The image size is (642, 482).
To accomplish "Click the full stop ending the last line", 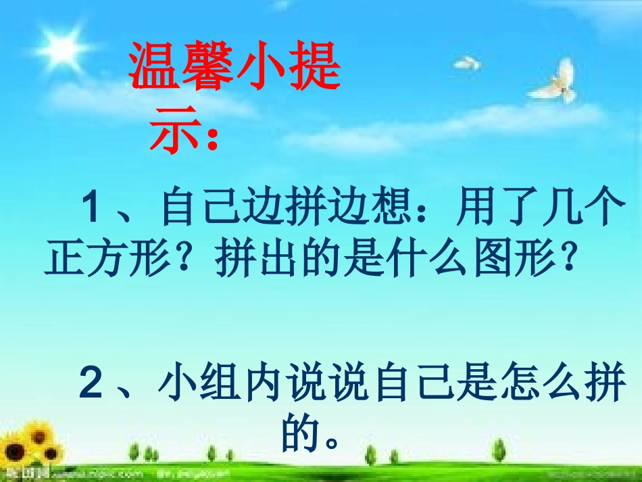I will coord(330,443).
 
